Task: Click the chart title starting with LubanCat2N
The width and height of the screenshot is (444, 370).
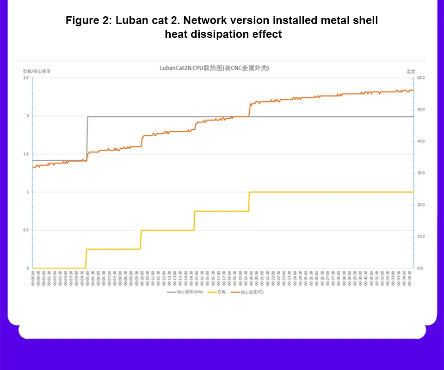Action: pos(214,68)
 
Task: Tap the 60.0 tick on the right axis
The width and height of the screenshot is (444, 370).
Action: pos(421,78)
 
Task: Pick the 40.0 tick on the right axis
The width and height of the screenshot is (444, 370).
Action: pos(421,141)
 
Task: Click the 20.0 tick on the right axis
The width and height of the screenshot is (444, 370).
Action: pos(421,205)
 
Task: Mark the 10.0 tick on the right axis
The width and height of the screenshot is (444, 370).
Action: pos(421,237)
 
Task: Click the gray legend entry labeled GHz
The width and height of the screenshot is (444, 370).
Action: pos(185,292)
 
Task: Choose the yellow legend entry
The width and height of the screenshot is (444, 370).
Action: pos(216,292)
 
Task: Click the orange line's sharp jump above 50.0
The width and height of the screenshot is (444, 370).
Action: pos(250,110)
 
